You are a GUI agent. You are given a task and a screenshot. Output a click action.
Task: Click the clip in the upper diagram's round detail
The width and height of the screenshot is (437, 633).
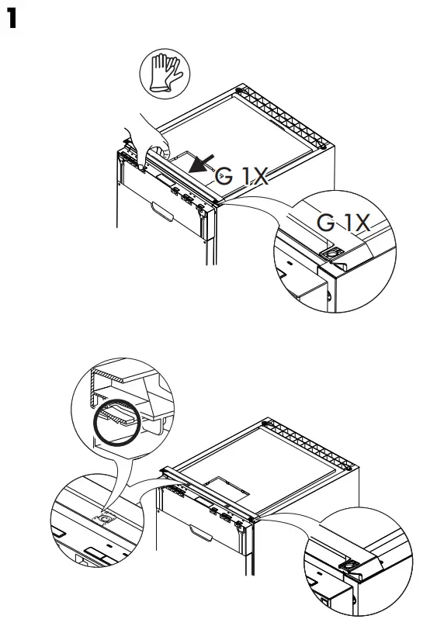click(x=332, y=254)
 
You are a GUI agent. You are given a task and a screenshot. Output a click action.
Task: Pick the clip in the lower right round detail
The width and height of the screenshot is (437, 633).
click(x=354, y=566)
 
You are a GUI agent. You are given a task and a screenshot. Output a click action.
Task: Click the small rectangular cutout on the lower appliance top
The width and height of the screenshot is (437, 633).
click(x=231, y=486)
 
